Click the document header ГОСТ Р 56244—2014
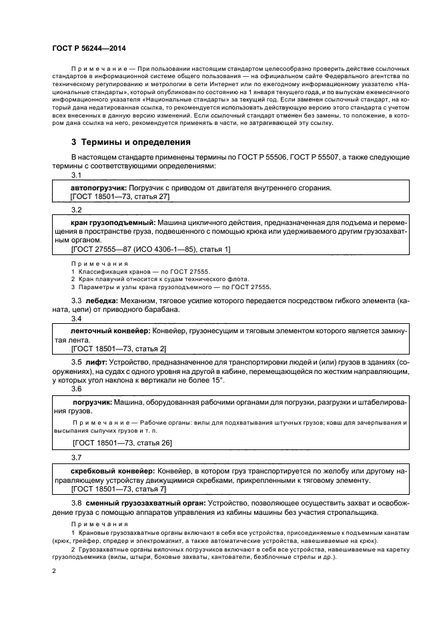coord(88,49)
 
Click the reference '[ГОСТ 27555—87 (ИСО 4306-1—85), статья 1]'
coord(150,249)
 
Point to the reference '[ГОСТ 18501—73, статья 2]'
coord(118,349)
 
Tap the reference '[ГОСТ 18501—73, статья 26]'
coord(122,443)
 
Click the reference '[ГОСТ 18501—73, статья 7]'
coord(118,489)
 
